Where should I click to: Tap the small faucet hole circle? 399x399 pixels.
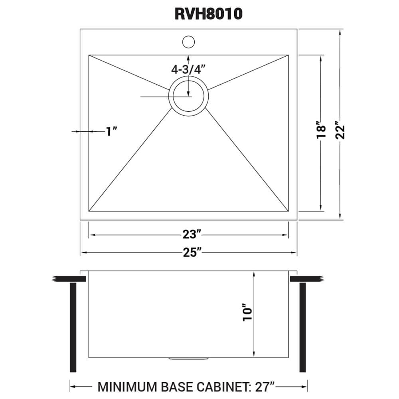click(188, 41)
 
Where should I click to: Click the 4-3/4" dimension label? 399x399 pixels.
click(188, 69)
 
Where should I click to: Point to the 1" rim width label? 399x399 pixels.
click(111, 131)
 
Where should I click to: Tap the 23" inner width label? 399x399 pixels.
click(189, 235)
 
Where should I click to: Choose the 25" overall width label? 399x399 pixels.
click(189, 253)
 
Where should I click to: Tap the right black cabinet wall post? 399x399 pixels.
click(302, 327)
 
